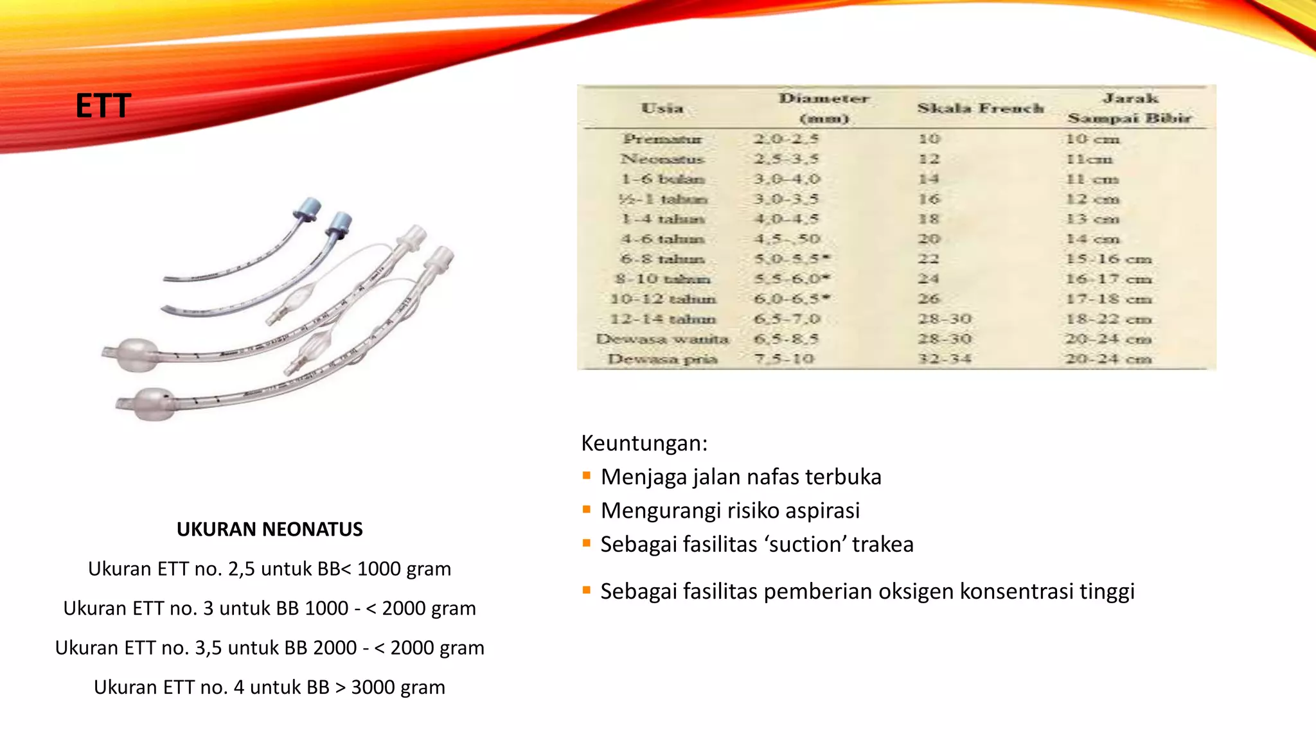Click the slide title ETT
(x=103, y=106)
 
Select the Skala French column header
(x=980, y=108)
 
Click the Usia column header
(x=662, y=108)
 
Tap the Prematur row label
(x=662, y=139)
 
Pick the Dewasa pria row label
(x=662, y=359)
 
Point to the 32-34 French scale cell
(x=944, y=359)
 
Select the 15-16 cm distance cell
(x=1108, y=259)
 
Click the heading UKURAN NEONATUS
(x=269, y=529)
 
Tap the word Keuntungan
(x=644, y=443)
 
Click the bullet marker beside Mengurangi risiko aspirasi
(x=586, y=510)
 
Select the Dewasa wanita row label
(x=662, y=339)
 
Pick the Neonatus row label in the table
(x=662, y=159)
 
